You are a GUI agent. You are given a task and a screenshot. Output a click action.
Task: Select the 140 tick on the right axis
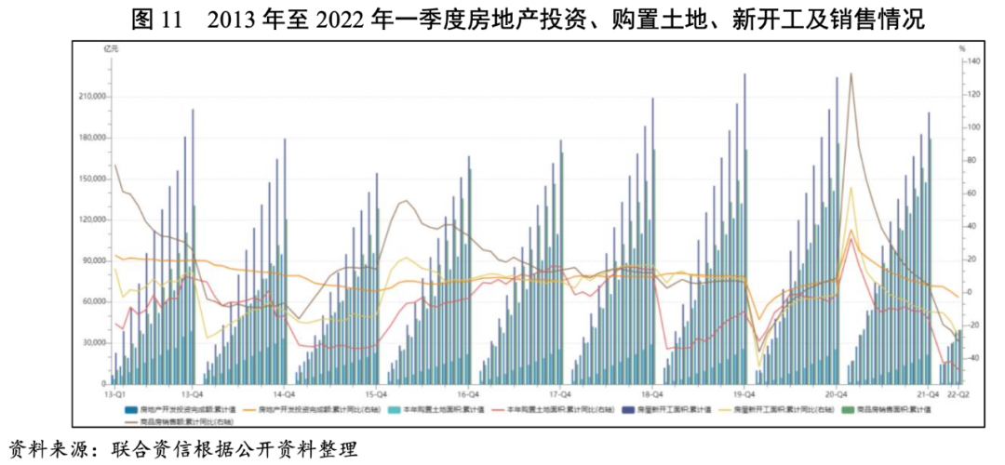(973, 61)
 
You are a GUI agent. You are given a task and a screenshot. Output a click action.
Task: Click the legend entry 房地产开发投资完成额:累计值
(177, 409)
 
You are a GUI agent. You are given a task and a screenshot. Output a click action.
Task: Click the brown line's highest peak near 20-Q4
(851, 73)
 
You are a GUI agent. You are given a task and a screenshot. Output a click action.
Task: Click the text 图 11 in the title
(154, 19)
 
